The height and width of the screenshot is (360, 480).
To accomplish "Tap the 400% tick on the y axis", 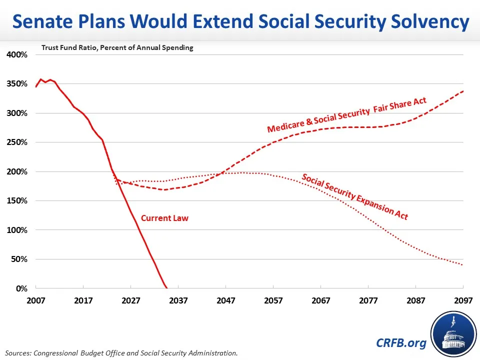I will click(16, 54).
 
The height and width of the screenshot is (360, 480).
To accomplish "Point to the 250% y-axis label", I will click(16, 142).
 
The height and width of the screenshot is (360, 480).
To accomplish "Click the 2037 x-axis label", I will click(178, 301).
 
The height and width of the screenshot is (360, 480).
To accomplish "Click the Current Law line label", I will click(164, 218).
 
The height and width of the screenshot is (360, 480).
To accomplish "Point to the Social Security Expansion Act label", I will click(354, 196).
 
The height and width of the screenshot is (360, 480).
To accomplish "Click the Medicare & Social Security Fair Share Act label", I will click(346, 115).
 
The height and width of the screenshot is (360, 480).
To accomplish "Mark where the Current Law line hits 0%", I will click(166, 288).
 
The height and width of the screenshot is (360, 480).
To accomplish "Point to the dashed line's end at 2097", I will click(463, 91).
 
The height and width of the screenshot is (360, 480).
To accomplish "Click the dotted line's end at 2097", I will click(463, 265).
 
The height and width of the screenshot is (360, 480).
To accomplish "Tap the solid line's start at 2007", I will click(36, 87).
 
